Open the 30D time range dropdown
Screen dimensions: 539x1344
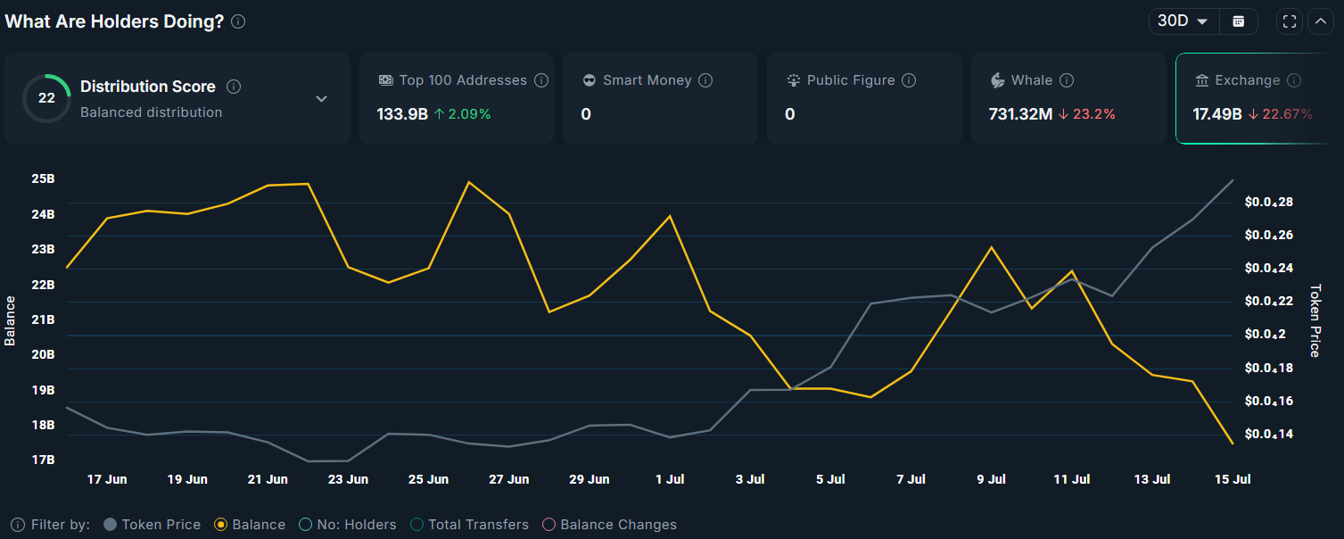pyautogui.click(x=1183, y=21)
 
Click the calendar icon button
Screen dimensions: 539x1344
pyautogui.click(x=1238, y=21)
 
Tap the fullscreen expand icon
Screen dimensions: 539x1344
pyautogui.click(x=1289, y=21)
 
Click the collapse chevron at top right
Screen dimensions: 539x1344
pyautogui.click(x=1321, y=21)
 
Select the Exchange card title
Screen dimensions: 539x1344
pyautogui.click(x=1247, y=80)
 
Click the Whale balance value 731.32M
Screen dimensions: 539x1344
pyautogui.click(x=1020, y=114)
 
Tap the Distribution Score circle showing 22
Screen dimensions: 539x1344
pyautogui.click(x=46, y=98)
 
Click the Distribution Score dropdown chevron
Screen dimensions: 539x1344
pyautogui.click(x=322, y=98)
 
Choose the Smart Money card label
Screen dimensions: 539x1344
pyautogui.click(x=647, y=80)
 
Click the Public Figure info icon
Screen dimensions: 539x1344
pyautogui.click(x=909, y=80)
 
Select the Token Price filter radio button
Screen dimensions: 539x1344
pyautogui.click(x=111, y=525)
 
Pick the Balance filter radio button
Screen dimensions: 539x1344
pyautogui.click(x=221, y=525)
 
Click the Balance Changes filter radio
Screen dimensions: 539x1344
pyautogui.click(x=549, y=525)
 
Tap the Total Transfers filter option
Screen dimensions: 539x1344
pyautogui.click(x=416, y=525)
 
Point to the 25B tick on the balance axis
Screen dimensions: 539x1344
pyautogui.click(x=43, y=178)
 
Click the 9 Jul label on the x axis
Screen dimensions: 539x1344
pyautogui.click(x=991, y=479)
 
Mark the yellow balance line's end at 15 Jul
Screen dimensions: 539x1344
pyautogui.click(x=1233, y=443)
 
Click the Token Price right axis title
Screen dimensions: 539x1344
pyautogui.click(x=1315, y=321)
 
